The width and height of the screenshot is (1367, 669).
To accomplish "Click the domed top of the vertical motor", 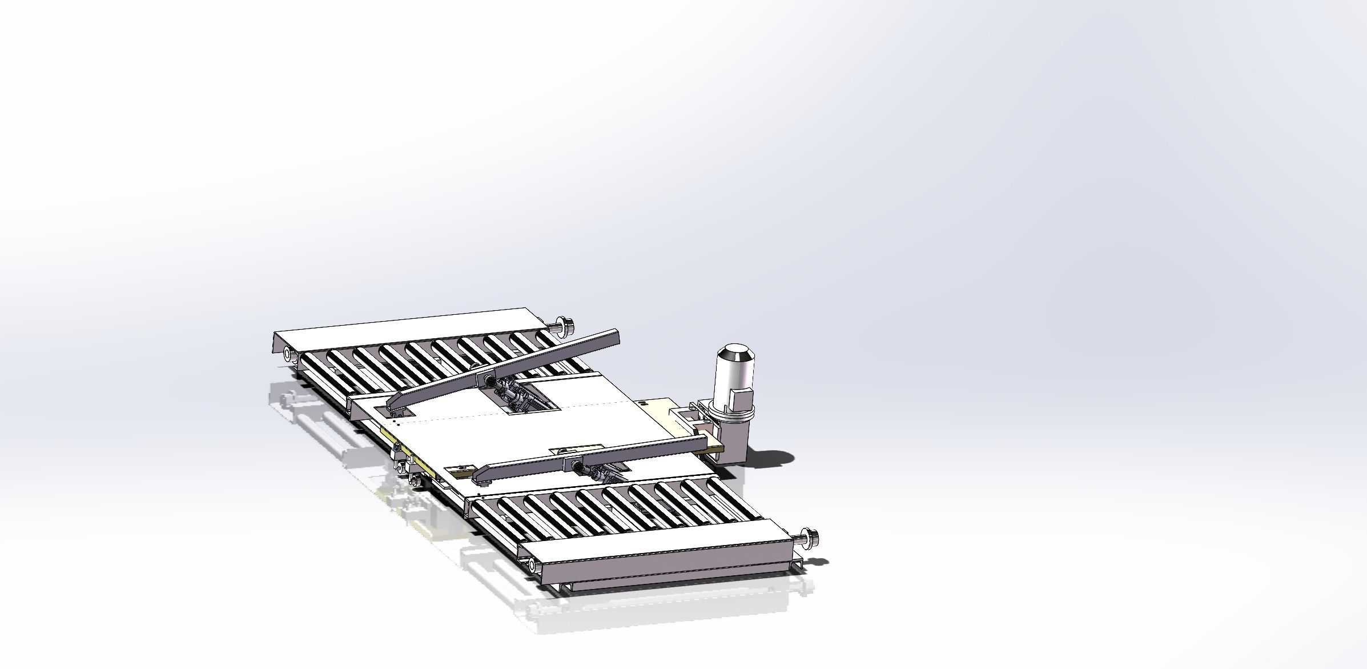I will [735, 354].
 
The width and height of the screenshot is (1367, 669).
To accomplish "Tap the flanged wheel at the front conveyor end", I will [810, 536].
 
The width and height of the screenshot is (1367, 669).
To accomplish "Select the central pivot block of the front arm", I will [571, 460].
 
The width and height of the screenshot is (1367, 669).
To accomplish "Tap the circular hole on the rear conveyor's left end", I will [287, 355].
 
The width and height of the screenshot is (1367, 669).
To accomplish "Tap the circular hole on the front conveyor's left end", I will [532, 566].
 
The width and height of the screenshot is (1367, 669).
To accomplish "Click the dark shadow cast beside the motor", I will [771, 458].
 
